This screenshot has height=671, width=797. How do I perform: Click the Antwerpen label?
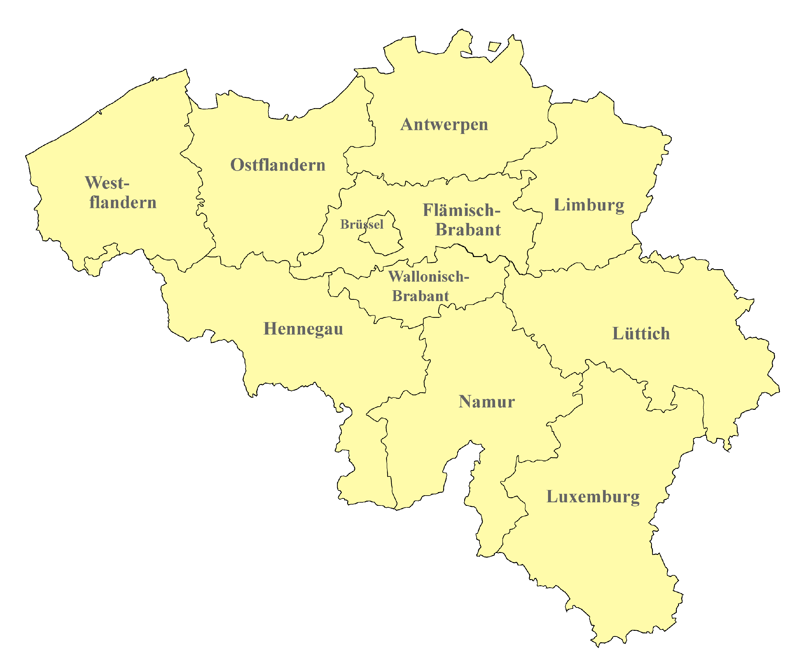(444, 125)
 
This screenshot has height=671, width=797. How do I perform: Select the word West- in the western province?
(107, 183)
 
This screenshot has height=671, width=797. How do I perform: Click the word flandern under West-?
(123, 203)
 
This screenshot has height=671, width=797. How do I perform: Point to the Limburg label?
(589, 205)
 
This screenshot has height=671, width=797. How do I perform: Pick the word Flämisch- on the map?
(461, 210)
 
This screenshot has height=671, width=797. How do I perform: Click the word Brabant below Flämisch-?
(468, 230)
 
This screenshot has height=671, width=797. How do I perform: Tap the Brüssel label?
(362, 225)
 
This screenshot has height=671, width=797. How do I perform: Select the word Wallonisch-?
(428, 277)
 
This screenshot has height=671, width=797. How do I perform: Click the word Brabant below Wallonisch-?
(420, 296)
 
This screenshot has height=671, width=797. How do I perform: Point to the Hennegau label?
(303, 329)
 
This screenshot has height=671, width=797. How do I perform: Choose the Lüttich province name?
(641, 334)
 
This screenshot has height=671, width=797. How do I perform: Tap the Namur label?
(487, 402)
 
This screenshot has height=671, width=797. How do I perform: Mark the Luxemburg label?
(593, 497)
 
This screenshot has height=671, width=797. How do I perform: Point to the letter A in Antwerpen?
(406, 124)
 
